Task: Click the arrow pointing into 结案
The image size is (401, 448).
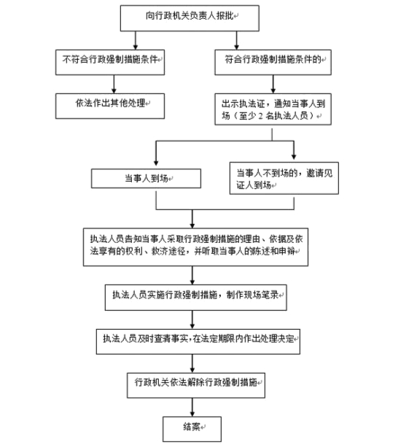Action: tap(192, 407)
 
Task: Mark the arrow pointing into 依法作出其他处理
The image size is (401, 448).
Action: tap(114, 84)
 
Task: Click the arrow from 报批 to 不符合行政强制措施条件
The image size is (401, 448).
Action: tap(136, 40)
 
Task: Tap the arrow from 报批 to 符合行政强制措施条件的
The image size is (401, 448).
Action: tap(236, 40)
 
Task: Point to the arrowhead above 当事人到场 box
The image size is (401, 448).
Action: tap(156, 163)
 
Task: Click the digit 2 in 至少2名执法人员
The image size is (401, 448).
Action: tap(260, 116)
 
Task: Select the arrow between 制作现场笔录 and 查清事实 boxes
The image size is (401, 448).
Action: tap(192, 320)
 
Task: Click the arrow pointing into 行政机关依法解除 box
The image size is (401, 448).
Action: tap(192, 363)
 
